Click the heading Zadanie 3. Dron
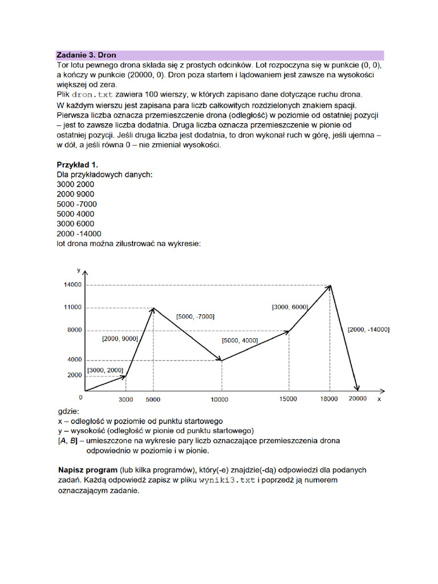tap(86, 55)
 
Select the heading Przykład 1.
tap(77, 165)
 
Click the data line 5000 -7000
tap(76, 204)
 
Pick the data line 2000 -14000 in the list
tap(79, 234)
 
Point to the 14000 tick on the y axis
tap(73, 285)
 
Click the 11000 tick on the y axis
tap(73, 308)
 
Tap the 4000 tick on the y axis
tap(75, 360)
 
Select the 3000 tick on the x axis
tap(125, 399)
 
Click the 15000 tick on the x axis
tap(289, 399)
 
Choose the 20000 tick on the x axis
tap(358, 399)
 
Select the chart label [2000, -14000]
tap(368, 330)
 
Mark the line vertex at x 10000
tap(221, 360)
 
